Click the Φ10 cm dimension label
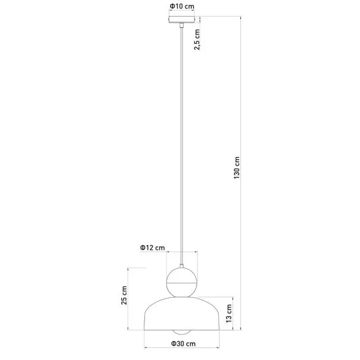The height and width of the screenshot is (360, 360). [x=182, y=6]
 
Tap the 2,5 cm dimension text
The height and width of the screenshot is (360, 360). [x=197, y=40]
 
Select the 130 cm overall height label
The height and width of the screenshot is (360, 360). [x=236, y=168]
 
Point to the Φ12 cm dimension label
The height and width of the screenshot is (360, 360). [x=152, y=247]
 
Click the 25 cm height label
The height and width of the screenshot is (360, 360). [x=124, y=295]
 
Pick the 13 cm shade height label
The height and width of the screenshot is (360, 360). [x=229, y=313]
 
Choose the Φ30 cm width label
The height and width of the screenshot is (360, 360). [x=183, y=343]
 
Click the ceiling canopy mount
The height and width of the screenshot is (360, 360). [x=182, y=20]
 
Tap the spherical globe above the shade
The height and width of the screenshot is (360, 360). [x=182, y=282]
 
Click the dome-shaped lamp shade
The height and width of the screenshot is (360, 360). [x=182, y=313]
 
